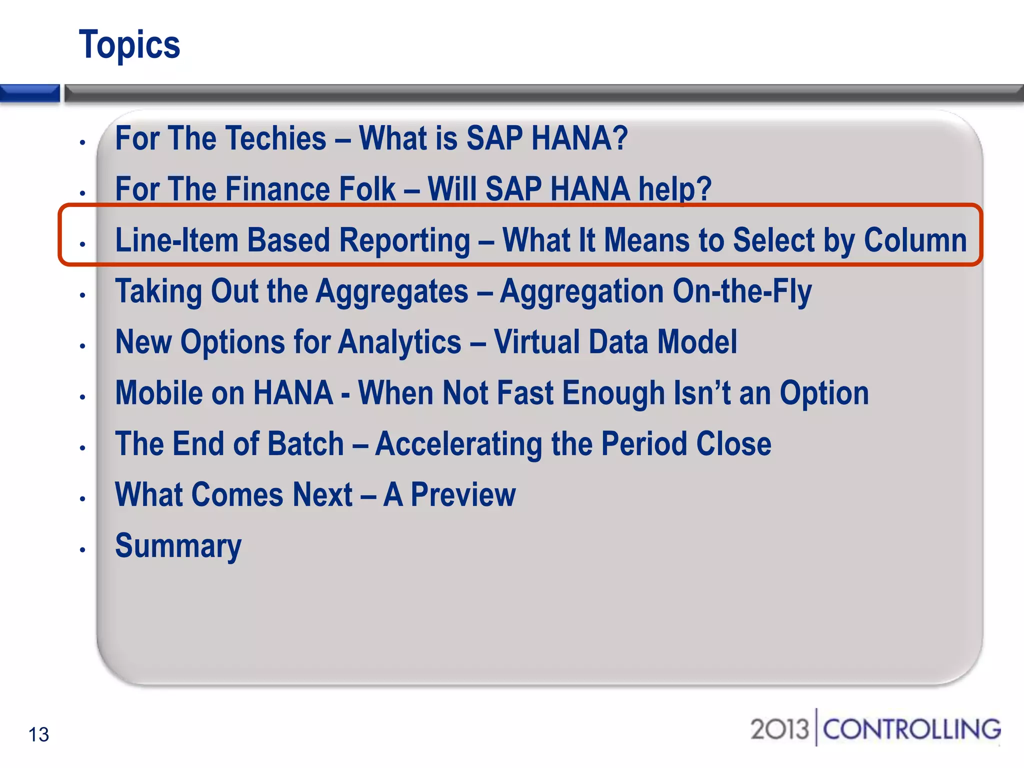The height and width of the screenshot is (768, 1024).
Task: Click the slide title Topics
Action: tap(129, 45)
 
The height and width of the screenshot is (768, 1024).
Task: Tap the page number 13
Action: tap(38, 734)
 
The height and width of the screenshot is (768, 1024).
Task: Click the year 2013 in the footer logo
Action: tap(779, 729)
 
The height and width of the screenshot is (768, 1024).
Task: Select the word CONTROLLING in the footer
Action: tap(911, 729)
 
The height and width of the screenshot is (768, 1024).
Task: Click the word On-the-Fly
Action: tap(742, 291)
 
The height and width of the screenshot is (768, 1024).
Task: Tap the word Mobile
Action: tap(158, 393)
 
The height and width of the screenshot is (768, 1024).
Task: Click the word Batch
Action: tap(305, 444)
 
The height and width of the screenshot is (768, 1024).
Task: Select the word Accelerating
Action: tap(458, 444)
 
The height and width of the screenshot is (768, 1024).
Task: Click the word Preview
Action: tap(463, 495)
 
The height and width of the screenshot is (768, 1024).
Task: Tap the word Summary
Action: tap(178, 546)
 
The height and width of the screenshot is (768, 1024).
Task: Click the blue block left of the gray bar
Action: tap(29, 93)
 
